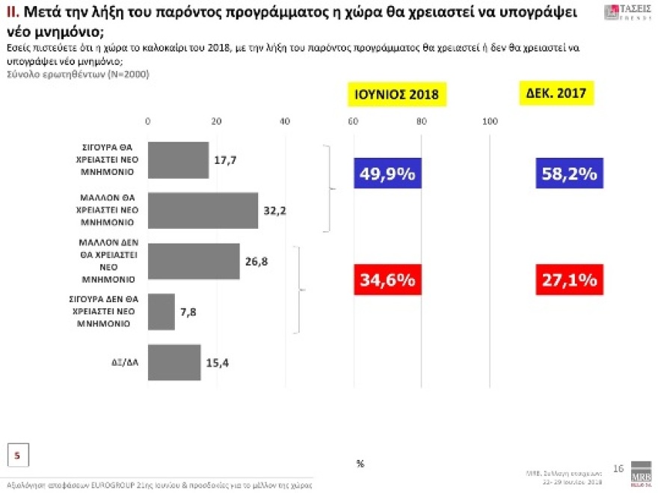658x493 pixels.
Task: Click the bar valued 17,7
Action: click(178, 160)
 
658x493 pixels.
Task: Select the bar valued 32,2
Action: click(203, 211)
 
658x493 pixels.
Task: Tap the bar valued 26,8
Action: click(194, 261)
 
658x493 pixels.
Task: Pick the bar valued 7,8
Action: click(162, 311)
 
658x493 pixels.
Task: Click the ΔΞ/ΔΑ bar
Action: click(174, 362)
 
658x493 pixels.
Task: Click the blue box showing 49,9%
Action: click(387, 174)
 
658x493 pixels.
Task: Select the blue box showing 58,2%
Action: click(566, 174)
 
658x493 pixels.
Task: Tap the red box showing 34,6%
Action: click(387, 280)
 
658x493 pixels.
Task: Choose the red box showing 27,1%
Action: click(566, 280)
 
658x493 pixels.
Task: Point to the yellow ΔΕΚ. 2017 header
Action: click(556, 93)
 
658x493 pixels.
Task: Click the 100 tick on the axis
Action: click(491, 122)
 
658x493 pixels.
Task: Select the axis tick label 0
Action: click(148, 122)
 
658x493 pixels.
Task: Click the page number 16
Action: click(618, 468)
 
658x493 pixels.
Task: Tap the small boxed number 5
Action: click(18, 454)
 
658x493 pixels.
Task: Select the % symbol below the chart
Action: click(360, 464)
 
